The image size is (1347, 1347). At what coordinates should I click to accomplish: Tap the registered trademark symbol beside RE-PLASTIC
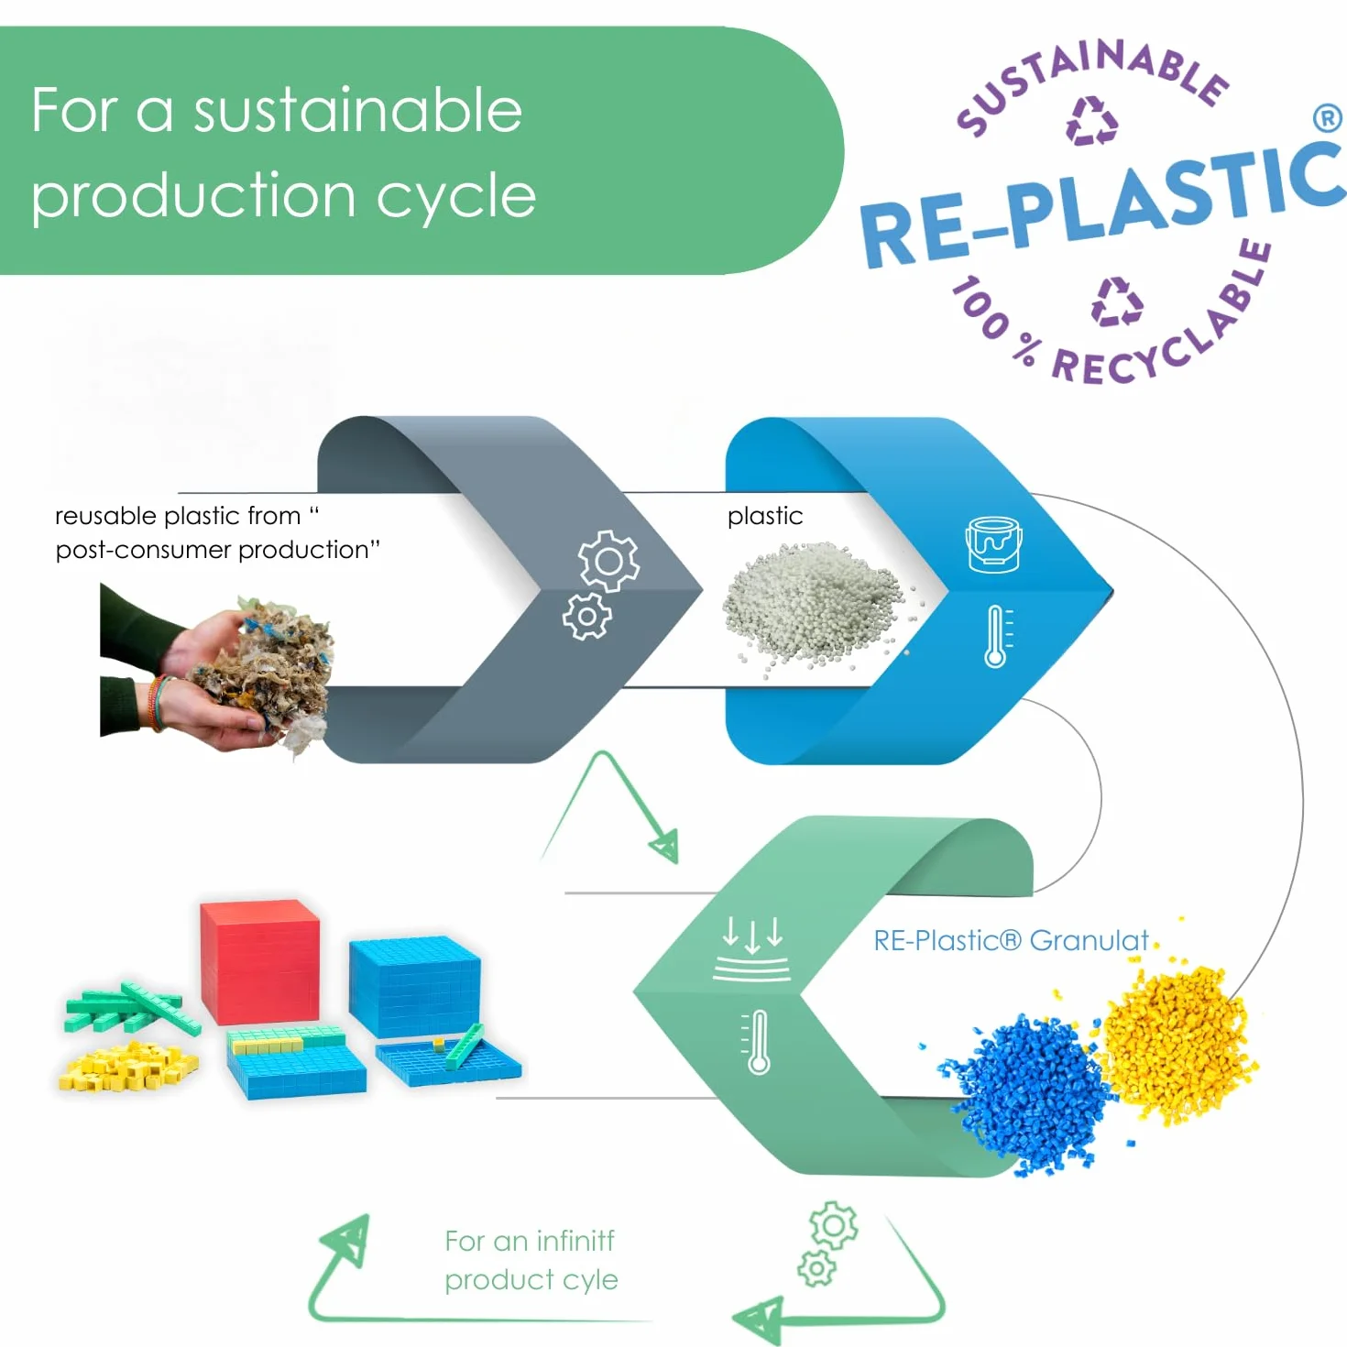(1327, 118)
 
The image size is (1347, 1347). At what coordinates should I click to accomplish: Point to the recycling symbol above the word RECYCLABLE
(1117, 302)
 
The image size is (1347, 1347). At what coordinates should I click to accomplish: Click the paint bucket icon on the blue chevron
(993, 544)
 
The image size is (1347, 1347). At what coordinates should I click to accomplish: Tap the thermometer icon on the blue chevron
(998, 637)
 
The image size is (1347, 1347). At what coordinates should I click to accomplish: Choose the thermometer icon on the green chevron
(756, 1042)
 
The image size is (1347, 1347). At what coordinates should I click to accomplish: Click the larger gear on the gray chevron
(608, 561)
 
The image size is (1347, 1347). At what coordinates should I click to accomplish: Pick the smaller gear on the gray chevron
(587, 617)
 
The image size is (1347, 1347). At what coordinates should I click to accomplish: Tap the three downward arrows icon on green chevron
(752, 948)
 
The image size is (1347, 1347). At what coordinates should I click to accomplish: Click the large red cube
(260, 962)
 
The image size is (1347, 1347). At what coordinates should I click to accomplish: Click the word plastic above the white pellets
(765, 517)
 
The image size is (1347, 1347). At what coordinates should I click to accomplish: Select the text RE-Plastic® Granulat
(1011, 940)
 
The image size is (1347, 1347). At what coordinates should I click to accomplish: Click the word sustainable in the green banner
(357, 111)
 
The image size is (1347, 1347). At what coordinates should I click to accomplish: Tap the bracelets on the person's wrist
(159, 703)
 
